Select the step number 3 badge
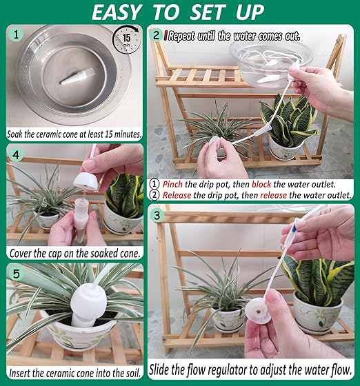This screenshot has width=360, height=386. coord(160,216)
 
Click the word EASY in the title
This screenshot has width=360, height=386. coord(123,12)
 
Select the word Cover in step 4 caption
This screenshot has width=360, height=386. coord(26,253)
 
